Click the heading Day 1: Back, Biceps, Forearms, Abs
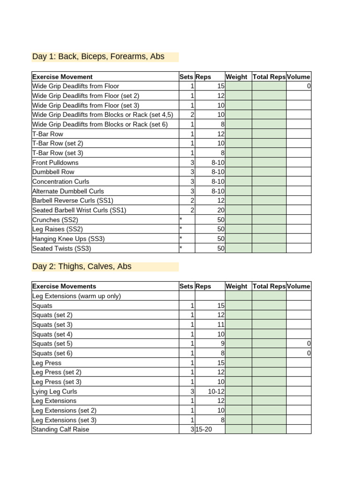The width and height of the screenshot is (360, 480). (x=98, y=57)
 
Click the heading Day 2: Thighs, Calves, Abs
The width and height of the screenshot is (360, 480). (x=82, y=266)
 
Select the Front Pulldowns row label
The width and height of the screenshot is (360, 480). (x=55, y=163)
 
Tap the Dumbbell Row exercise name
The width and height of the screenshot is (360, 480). (x=53, y=172)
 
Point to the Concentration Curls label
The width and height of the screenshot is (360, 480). (x=60, y=181)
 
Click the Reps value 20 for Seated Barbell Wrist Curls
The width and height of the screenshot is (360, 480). (x=221, y=210)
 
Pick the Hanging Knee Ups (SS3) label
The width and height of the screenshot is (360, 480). (x=68, y=239)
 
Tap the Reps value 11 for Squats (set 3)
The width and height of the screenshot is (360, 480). (x=221, y=324)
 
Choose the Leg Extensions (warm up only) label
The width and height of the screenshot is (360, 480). (x=76, y=296)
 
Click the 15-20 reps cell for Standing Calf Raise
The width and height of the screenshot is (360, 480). (x=204, y=429)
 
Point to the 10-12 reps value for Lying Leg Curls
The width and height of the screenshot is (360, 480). (x=217, y=391)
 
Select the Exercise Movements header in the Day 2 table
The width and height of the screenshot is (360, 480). (x=64, y=286)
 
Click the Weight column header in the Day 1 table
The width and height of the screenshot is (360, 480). (x=236, y=77)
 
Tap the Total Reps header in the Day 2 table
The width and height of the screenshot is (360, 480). (x=269, y=286)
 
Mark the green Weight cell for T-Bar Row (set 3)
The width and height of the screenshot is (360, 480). (x=239, y=153)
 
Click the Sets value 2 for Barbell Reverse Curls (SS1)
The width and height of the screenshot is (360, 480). (x=192, y=201)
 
